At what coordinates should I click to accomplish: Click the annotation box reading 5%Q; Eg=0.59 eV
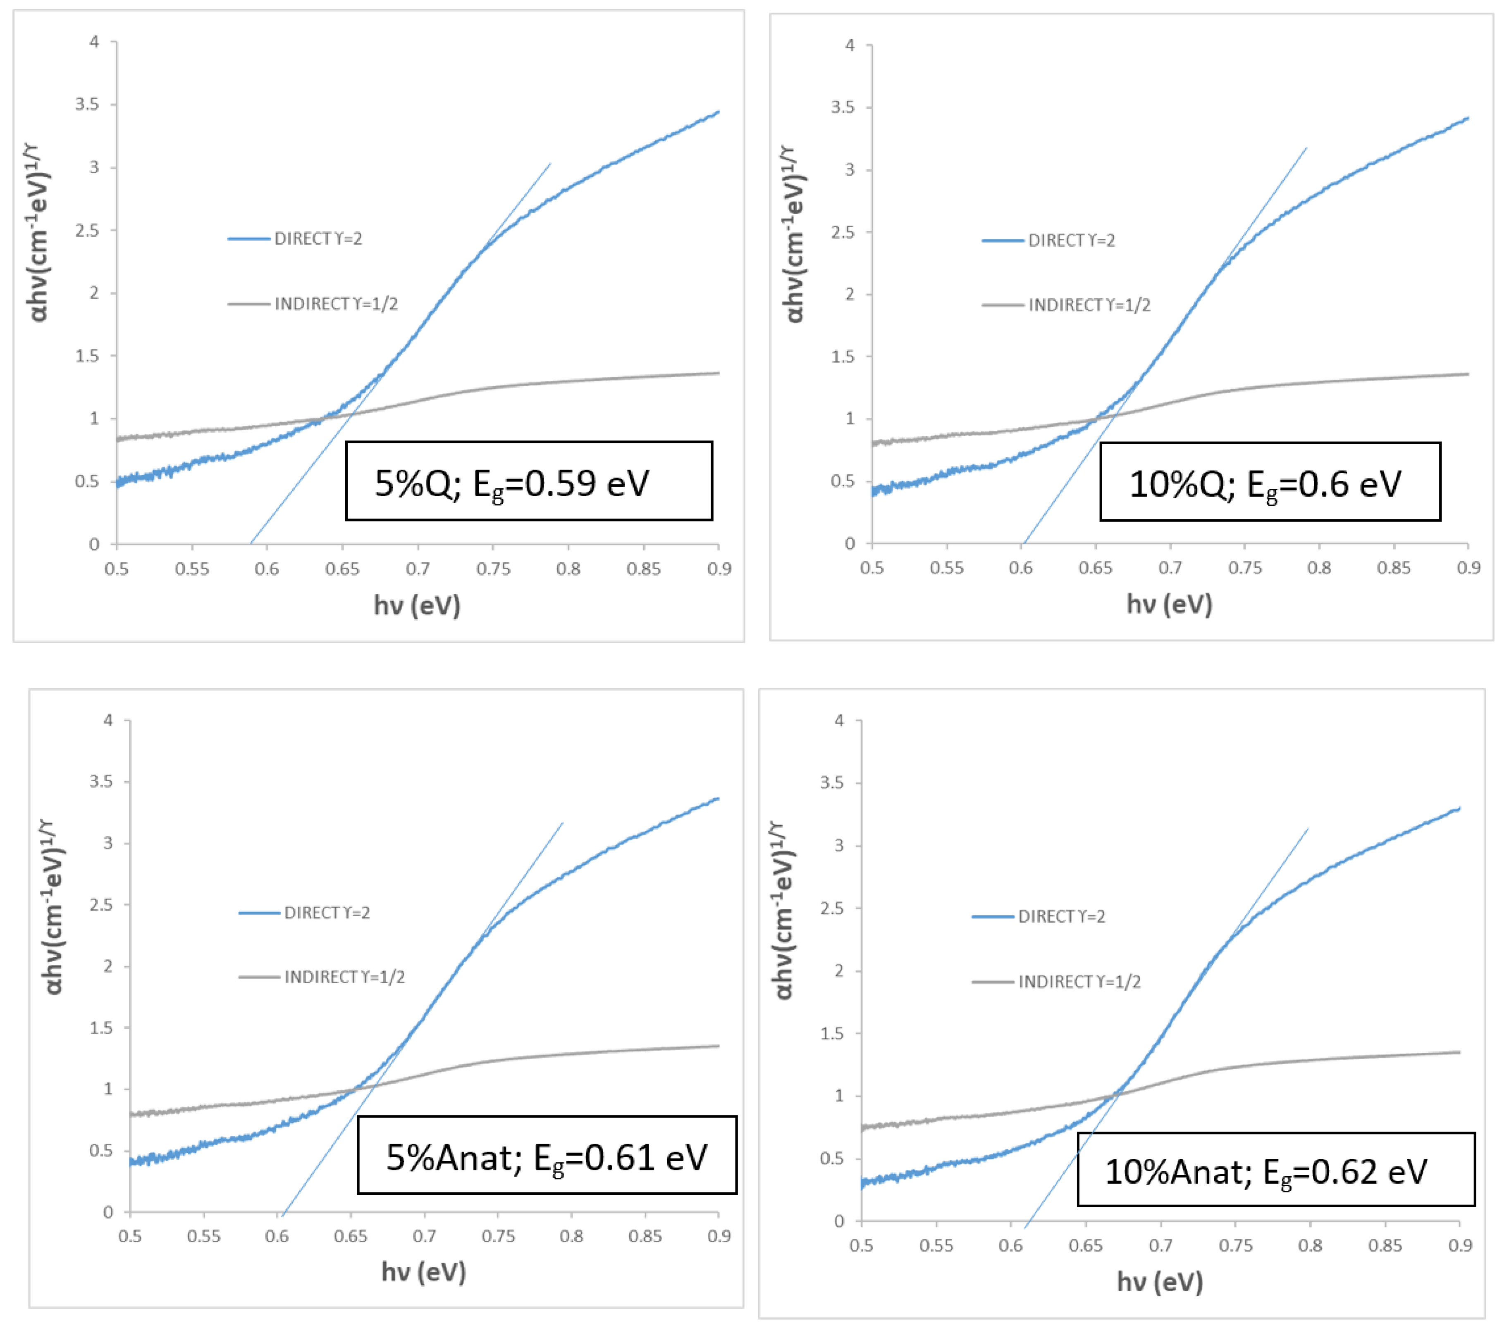coord(529,481)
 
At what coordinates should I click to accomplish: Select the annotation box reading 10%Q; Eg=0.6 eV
coord(1269,482)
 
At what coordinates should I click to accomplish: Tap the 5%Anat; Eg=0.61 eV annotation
coord(546,1155)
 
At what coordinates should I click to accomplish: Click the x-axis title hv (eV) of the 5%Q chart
coord(417,605)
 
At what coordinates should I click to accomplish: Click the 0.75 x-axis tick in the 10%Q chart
coord(1245,568)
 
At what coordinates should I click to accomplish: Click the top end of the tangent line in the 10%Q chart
coord(1306,148)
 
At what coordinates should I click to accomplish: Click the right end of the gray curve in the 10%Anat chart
coord(1459,1052)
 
